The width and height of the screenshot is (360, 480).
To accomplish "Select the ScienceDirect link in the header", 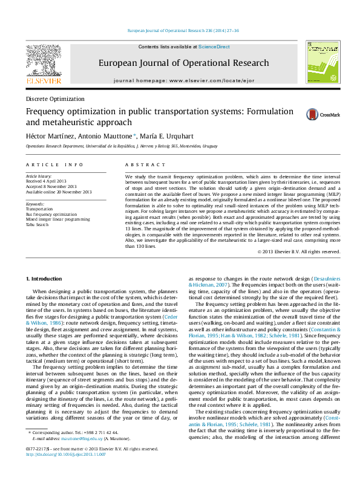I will [214, 47].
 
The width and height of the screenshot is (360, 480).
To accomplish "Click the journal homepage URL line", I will [184, 80].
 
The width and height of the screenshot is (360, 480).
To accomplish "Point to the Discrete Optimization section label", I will [55, 99].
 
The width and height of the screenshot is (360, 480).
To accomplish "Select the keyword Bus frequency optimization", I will [51, 214].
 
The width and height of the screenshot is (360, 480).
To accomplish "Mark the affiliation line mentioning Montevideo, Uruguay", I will [121, 146].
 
